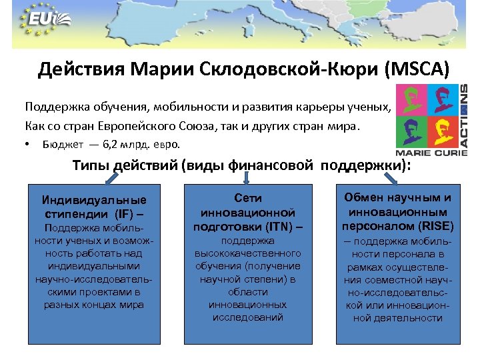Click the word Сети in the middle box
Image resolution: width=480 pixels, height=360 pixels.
(x=248, y=198)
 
